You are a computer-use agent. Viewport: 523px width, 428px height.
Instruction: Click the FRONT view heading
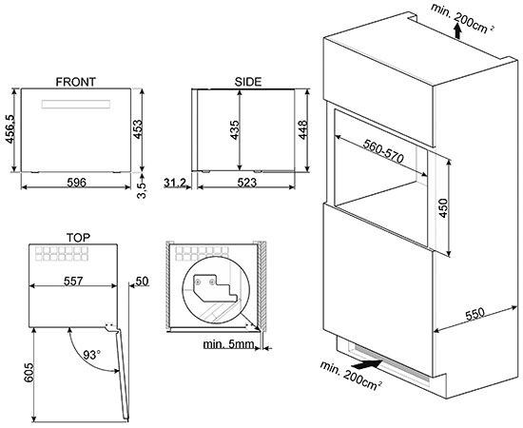click(75, 82)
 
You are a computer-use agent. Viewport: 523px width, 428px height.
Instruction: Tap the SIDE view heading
click(248, 82)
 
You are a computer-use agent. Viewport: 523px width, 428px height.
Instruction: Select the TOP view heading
click(78, 238)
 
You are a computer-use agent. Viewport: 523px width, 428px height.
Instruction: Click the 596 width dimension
click(77, 183)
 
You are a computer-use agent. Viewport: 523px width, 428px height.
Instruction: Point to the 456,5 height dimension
click(10, 128)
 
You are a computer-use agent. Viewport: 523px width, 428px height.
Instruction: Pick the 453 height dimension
click(137, 129)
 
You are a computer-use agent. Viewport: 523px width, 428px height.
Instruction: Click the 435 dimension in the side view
click(235, 130)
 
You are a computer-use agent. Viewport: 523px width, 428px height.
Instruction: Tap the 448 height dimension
click(302, 130)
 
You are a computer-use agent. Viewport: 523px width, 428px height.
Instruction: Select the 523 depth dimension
click(247, 183)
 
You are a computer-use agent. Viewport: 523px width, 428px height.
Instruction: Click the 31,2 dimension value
click(175, 183)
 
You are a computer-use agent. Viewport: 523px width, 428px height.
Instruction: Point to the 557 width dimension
click(73, 282)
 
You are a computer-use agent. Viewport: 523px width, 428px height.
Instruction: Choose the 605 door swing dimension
click(29, 373)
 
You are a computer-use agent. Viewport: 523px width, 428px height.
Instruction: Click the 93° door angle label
click(91, 355)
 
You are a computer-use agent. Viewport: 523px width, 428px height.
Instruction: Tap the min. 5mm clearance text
click(229, 344)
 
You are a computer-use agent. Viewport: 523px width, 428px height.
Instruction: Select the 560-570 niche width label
click(383, 151)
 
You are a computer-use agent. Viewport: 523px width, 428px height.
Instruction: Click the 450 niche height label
click(443, 208)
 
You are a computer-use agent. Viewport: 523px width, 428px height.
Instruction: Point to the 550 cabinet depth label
click(475, 314)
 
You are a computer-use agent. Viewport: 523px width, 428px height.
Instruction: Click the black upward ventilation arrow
click(458, 31)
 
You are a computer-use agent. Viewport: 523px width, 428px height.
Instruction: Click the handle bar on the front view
click(76, 104)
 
